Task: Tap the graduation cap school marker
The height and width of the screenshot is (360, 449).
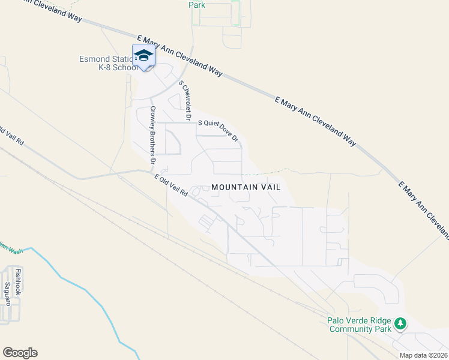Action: tap(143, 56)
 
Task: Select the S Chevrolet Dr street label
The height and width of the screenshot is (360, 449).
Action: tap(184, 97)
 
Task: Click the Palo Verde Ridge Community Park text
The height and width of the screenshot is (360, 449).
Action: tap(359, 325)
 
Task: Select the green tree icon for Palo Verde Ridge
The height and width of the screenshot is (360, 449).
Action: tap(400, 325)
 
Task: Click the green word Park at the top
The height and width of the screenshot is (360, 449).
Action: tap(197, 5)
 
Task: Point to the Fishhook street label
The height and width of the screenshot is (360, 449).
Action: tap(18, 281)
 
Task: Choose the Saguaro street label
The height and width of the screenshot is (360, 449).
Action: tap(8, 294)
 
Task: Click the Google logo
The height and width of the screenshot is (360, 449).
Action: tap(20, 353)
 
